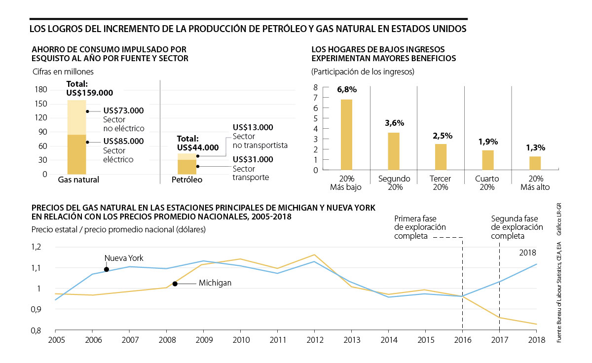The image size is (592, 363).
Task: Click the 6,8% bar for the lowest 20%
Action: pyautogui.click(x=347, y=135)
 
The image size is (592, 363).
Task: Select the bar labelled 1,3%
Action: pyautogui.click(x=535, y=163)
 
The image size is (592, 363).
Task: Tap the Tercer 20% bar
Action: pyautogui.click(x=441, y=157)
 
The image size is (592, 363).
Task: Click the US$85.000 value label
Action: pyautogui.click(x=123, y=141)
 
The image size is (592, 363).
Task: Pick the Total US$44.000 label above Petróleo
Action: pyautogui.click(x=197, y=143)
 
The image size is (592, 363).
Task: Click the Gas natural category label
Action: pyautogui.click(x=78, y=180)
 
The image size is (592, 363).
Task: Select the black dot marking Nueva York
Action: pyautogui.click(x=107, y=269)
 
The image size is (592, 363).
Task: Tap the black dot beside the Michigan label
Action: pyautogui.click(x=175, y=284)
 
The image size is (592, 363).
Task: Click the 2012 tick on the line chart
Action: pyautogui.click(x=315, y=340)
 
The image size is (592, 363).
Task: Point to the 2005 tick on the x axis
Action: pyautogui.click(x=55, y=340)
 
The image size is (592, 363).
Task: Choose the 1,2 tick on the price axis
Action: pyautogui.click(x=38, y=247)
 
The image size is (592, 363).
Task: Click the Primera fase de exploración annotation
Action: pyautogui.click(x=420, y=227)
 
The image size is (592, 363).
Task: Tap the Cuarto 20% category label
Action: pyautogui.click(x=487, y=183)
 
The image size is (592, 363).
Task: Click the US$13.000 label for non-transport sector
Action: pyautogui.click(x=253, y=127)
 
